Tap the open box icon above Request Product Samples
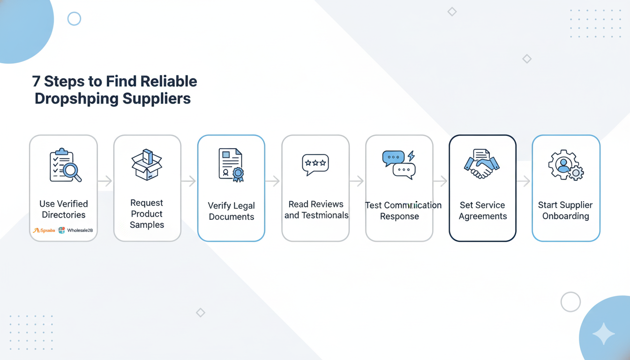[147, 165]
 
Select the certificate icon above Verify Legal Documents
[232, 165]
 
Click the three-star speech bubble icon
[315, 165]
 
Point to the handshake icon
[482, 164]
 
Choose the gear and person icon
[566, 165]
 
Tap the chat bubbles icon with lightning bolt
[399, 165]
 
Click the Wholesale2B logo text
[80, 230]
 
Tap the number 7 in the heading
[36, 81]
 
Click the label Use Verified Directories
[64, 210]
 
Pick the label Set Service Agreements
[483, 210]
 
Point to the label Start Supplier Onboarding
[565, 210]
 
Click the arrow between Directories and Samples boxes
[105, 181]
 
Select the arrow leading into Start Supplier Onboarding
[524, 181]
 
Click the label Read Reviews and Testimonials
[316, 210]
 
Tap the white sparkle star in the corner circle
[603, 334]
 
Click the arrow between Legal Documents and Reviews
[273, 181]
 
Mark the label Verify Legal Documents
[232, 211]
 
